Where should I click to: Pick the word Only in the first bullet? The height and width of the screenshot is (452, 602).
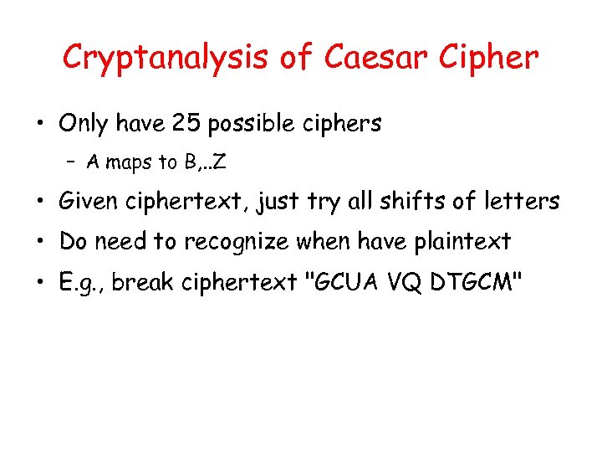[84, 124]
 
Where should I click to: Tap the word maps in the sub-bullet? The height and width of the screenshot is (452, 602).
[129, 162]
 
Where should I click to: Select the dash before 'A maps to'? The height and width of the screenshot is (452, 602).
[74, 162]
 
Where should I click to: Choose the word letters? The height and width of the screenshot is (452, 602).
[518, 202]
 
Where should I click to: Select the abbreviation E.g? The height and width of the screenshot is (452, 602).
[80, 283]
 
